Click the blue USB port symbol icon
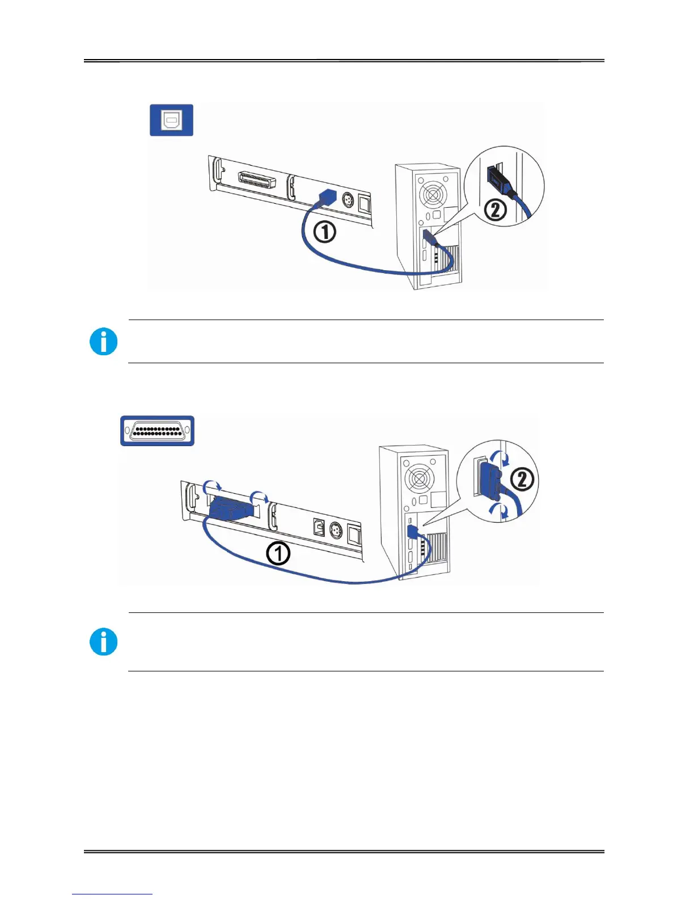(x=171, y=120)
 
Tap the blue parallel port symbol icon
(x=157, y=431)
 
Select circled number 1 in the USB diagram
(x=324, y=232)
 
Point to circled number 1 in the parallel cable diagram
(x=278, y=553)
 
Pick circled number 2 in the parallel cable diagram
(x=522, y=480)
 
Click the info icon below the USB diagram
(x=104, y=342)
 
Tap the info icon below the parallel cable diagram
(x=104, y=642)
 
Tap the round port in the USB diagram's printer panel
(x=348, y=201)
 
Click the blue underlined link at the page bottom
(x=112, y=894)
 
